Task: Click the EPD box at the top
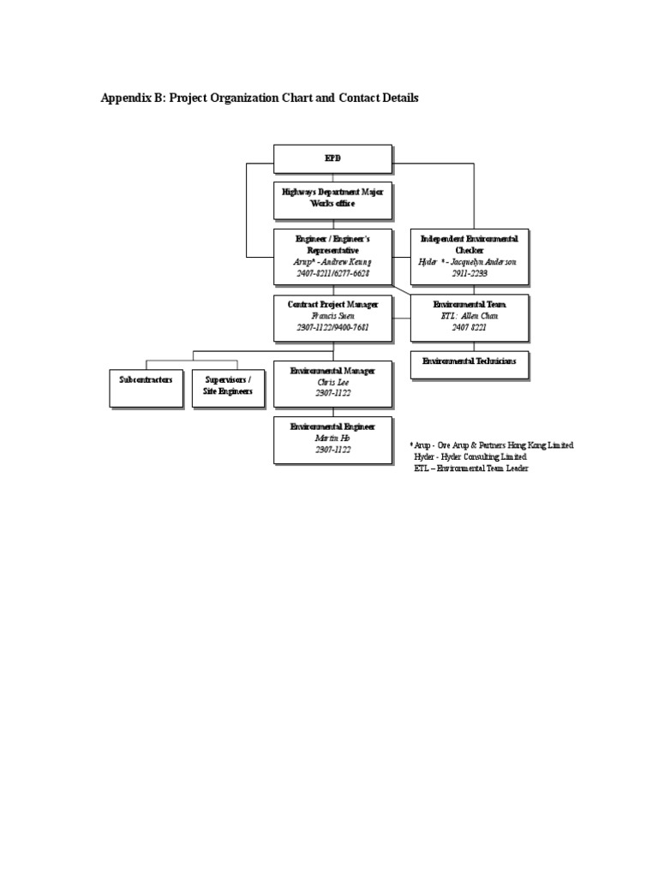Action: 332,158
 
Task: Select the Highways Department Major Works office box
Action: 332,197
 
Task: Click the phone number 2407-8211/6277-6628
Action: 332,272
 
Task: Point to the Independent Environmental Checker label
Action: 470,244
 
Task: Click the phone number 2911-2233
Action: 470,272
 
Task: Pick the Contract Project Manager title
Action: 332,305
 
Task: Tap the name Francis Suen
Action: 332,316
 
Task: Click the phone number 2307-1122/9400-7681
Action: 332,327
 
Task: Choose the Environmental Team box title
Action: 470,305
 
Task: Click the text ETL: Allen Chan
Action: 470,316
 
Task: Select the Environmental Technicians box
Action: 470,362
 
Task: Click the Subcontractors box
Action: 146,379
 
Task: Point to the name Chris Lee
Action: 332,382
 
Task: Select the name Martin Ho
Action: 332,438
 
